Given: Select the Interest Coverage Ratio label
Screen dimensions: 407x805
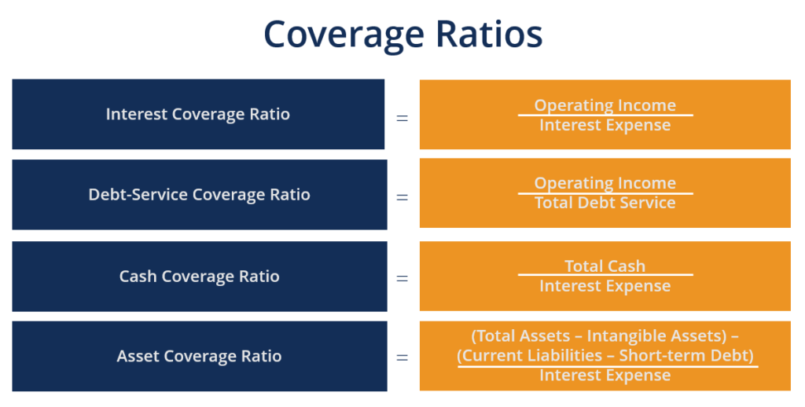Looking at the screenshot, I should pos(198,115).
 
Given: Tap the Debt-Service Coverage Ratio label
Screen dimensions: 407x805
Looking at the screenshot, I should pos(199,195).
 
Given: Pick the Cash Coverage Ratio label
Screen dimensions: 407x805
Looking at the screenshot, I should pos(199,277).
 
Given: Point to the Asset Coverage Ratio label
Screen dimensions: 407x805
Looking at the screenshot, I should pos(199,357).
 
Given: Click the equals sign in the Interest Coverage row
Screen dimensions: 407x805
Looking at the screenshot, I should pos(402,118).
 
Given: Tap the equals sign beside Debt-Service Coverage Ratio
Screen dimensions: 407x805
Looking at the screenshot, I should pos(402,197).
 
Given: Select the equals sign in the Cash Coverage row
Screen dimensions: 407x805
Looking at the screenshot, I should pos(402,278).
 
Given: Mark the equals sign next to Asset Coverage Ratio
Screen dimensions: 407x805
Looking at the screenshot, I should pos(402,357).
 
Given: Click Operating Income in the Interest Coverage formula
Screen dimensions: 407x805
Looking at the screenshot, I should pos(605,105).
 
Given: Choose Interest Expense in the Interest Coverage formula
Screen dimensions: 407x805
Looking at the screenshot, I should pos(605,126).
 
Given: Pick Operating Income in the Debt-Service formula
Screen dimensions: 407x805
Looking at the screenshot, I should pos(605,183).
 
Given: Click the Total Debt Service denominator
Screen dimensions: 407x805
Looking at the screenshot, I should pos(605,203).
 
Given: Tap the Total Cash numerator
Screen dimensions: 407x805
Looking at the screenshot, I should pos(605,266).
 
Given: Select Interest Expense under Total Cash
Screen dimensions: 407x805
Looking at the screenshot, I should pos(605,286).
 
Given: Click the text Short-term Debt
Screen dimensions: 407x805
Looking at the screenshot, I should pos(685,356).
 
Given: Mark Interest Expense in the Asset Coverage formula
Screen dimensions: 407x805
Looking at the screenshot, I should pos(605,376).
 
